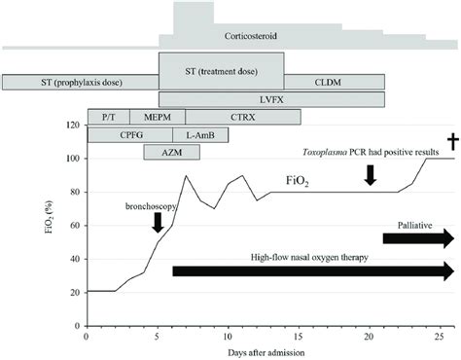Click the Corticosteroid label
coord(251,35)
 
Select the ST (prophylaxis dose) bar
coord(81,82)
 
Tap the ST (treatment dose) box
coord(222,71)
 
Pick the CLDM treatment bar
coord(335,82)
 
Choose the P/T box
coord(108,117)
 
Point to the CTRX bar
coord(236,117)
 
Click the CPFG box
coord(130,134)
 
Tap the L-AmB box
coord(187,134)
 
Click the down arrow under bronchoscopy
coord(158,222)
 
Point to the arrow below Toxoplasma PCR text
coord(370,174)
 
